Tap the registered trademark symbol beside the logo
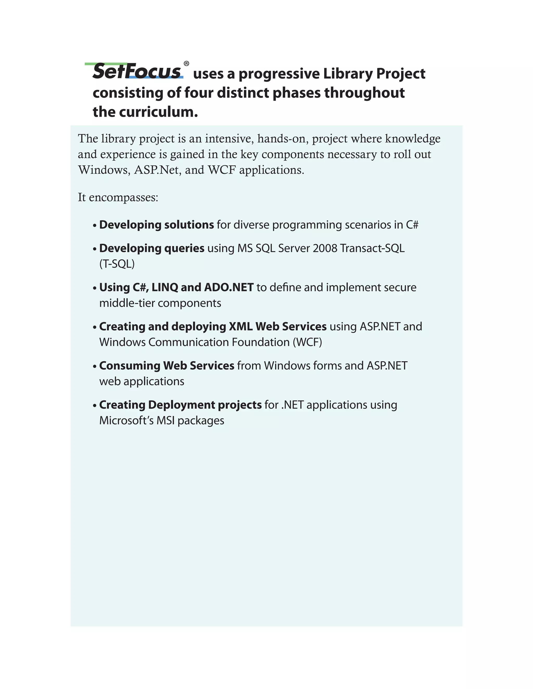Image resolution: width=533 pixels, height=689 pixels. (x=186, y=64)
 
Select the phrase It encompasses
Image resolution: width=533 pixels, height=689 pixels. (x=118, y=198)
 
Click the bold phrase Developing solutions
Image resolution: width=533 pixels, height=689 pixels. (x=157, y=225)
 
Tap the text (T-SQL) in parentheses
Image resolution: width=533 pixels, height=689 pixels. (x=117, y=264)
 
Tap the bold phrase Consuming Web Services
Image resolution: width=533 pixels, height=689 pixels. (x=167, y=366)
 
